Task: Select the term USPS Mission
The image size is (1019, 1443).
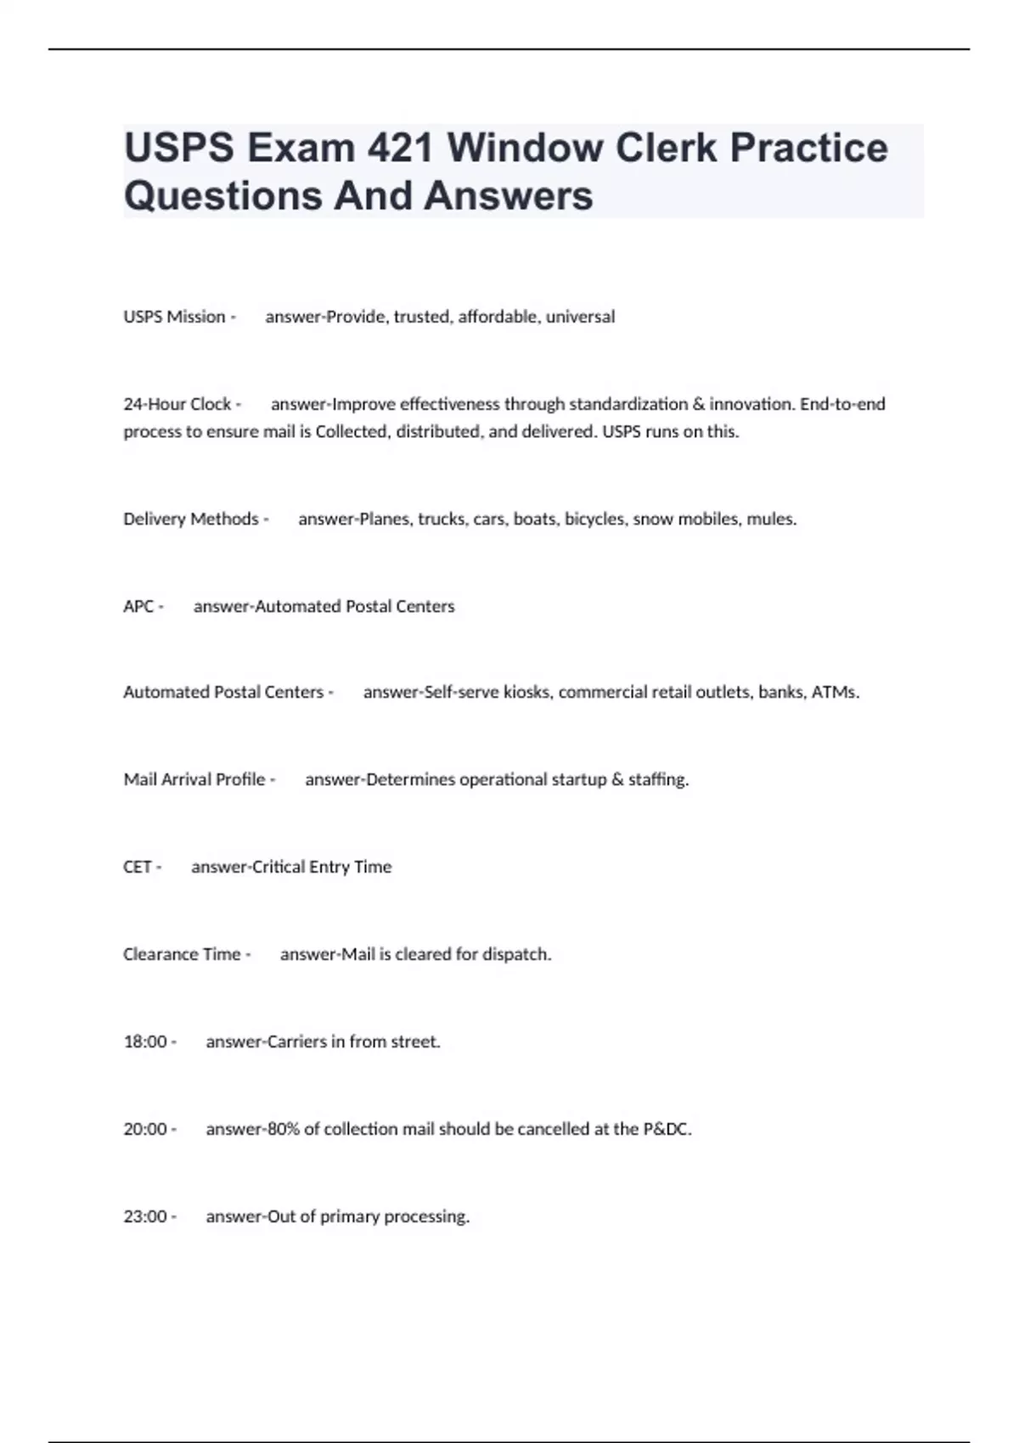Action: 174,317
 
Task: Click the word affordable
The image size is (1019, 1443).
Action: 498,317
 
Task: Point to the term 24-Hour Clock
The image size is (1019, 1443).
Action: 177,404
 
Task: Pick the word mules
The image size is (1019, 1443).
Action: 771,519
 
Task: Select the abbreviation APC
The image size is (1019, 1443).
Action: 138,606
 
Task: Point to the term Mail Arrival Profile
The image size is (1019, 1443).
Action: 194,779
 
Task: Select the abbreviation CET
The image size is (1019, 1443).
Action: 137,867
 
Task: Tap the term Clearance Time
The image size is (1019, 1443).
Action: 182,954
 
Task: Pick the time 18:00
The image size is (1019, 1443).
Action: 145,1042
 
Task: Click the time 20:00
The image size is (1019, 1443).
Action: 145,1129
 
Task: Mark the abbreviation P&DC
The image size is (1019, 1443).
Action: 667,1129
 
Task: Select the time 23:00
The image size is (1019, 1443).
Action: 145,1216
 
